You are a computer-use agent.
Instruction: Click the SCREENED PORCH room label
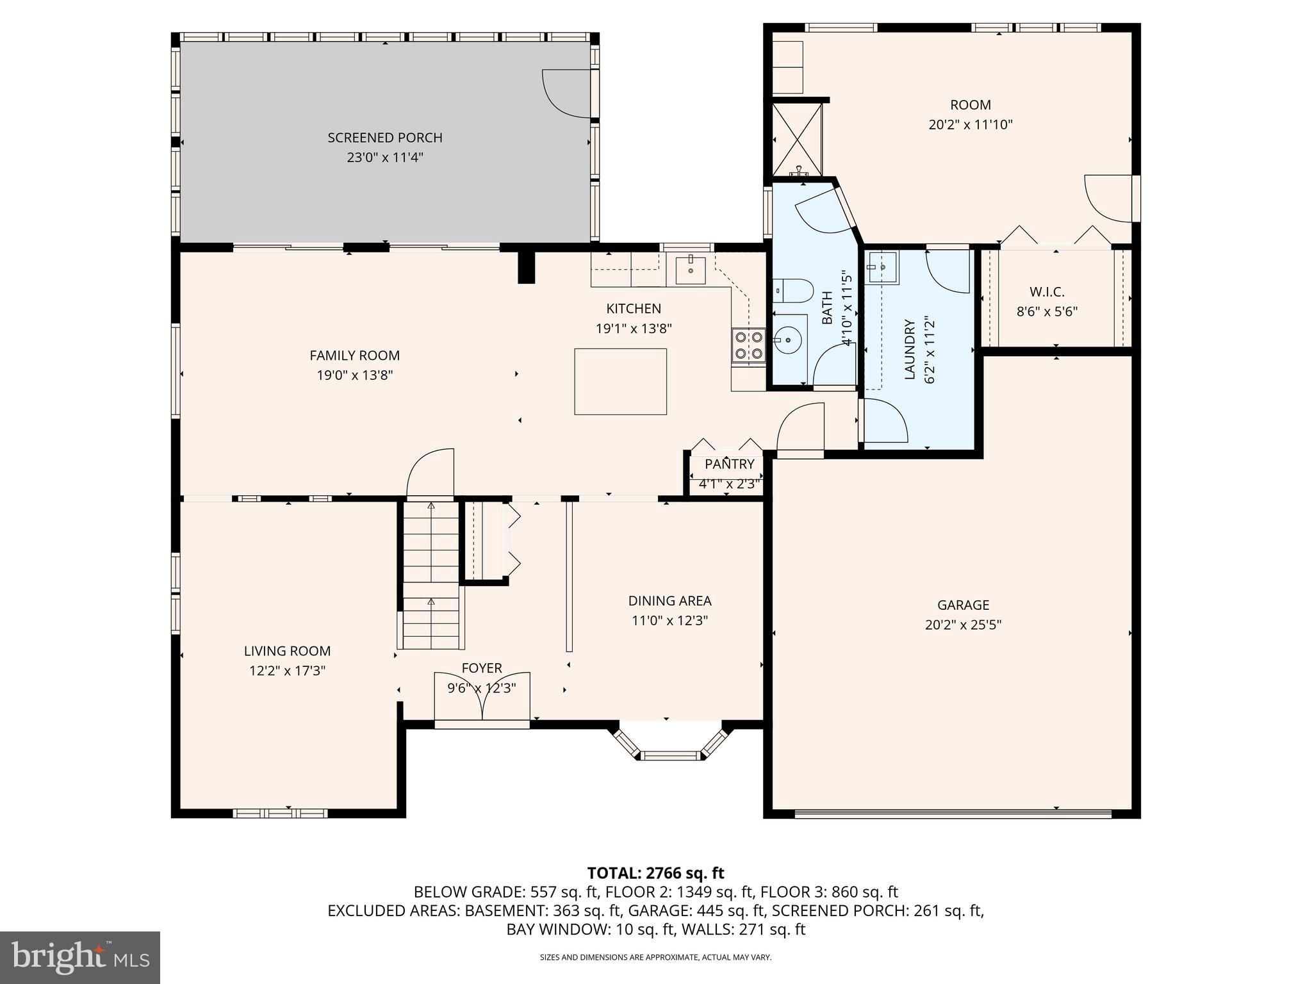tap(384, 138)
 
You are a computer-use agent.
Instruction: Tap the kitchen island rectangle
tap(620, 382)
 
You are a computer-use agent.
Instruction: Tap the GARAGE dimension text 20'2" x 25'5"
tap(963, 625)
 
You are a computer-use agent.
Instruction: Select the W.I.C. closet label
tap(1047, 292)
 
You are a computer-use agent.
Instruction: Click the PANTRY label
tap(729, 464)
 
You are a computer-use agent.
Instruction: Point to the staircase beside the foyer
tap(431, 577)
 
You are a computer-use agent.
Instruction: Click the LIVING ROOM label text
tap(287, 651)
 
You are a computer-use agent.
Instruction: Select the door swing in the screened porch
tap(565, 93)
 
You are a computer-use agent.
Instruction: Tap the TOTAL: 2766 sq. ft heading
tap(655, 873)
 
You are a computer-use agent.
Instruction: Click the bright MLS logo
tap(79, 957)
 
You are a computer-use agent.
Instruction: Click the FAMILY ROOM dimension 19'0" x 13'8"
tap(354, 375)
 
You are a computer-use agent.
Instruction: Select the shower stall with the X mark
tap(797, 140)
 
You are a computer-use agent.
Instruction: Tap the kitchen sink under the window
tap(690, 270)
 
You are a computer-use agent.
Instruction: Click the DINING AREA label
tap(669, 601)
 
